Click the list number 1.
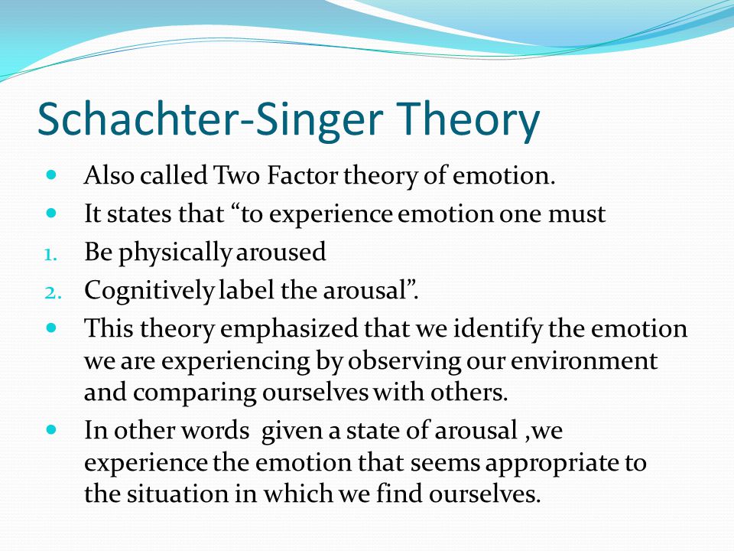(x=50, y=256)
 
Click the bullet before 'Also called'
(x=51, y=175)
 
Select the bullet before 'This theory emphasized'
(x=51, y=327)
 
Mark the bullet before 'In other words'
(x=51, y=429)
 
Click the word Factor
(x=303, y=176)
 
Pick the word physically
(x=174, y=254)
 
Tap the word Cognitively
(x=149, y=292)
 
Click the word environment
(x=583, y=361)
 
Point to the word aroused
(x=281, y=252)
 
